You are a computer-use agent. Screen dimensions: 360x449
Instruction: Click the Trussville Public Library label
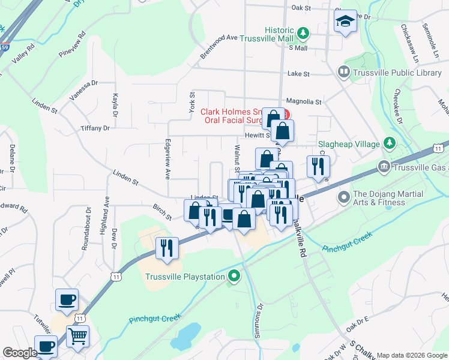tap(398, 73)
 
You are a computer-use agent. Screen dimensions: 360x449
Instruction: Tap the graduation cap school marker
tap(345, 22)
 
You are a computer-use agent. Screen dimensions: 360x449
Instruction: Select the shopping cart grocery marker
tap(77, 337)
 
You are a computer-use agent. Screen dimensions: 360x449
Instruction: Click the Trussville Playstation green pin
tap(235, 277)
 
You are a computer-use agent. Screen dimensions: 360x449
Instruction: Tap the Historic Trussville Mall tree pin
tap(304, 31)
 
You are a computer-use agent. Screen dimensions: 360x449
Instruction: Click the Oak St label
tap(301, 8)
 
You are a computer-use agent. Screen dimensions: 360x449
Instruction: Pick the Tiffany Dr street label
tap(96, 128)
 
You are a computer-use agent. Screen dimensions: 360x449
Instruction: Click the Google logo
tap(20, 353)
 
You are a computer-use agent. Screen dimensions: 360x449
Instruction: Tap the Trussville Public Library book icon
tap(344, 73)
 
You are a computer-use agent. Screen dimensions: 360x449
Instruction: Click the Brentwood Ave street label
tap(220, 46)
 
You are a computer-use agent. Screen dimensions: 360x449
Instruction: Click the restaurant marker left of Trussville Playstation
tap(167, 248)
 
